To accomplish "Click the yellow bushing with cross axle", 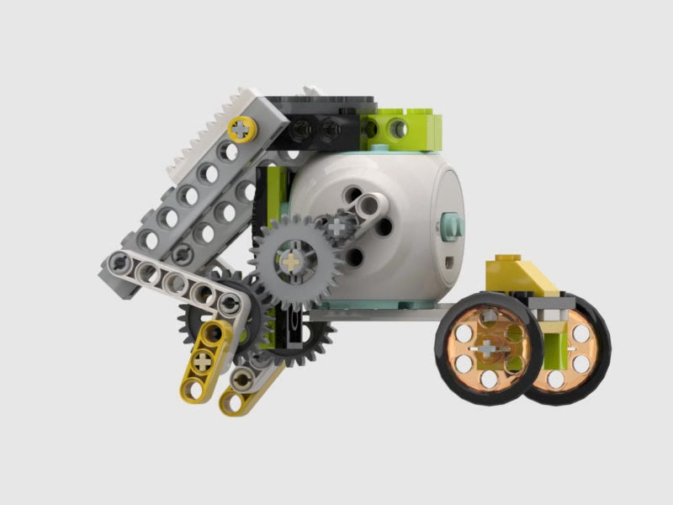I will coord(243,129).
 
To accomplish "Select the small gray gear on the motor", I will coord(339,226).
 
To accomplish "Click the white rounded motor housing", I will coord(395,194).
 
